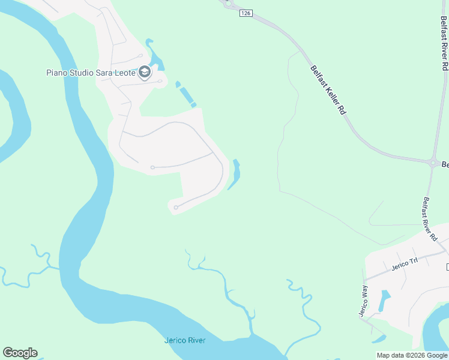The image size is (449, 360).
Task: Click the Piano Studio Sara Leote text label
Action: [91, 73]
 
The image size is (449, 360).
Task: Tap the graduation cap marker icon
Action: [144, 73]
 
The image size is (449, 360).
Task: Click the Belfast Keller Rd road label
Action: [328, 89]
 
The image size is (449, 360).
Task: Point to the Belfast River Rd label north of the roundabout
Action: [444, 42]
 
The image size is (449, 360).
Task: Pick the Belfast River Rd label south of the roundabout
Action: [429, 219]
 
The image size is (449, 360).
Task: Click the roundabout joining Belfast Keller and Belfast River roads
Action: [432, 162]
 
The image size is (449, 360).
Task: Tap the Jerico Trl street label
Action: [404, 263]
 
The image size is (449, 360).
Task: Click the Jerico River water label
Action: [185, 340]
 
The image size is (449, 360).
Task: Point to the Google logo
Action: [20, 353]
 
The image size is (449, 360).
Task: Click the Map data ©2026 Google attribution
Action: [412, 355]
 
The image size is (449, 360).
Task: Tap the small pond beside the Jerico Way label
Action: [384, 301]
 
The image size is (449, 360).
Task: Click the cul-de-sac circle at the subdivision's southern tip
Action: [175, 208]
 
